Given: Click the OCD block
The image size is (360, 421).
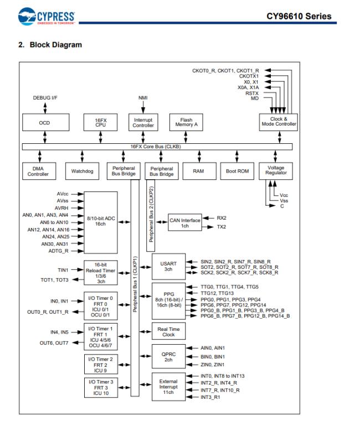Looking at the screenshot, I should point(44,123).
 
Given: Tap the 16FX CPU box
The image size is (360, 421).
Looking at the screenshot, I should point(100,123).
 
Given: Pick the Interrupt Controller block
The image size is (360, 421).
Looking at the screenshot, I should point(143,123).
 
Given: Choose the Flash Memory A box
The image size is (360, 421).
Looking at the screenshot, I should point(187,123).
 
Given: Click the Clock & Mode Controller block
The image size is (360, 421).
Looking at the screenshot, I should point(279,122).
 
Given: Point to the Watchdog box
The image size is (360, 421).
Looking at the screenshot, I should point(82,171).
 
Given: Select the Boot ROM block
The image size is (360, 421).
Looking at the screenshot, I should point(237,171).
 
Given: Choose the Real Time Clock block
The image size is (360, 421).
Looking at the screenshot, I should point(168,331).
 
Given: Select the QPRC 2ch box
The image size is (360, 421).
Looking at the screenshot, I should point(168,356).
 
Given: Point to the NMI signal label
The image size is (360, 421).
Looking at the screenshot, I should point(143,98).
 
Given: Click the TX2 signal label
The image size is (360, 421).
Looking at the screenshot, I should point(221,227).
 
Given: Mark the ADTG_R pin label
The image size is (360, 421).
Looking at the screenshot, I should point(58,251).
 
